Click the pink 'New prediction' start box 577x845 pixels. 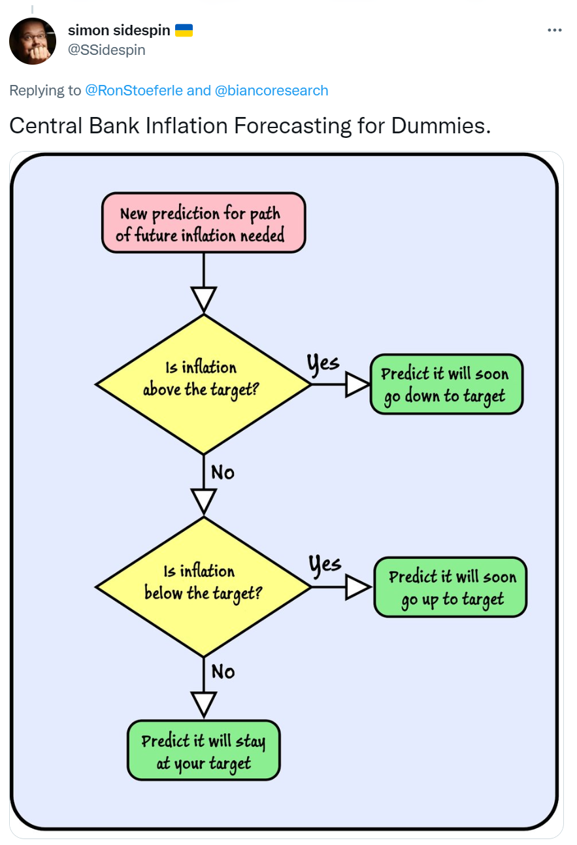click(204, 223)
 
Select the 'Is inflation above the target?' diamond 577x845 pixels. click(204, 384)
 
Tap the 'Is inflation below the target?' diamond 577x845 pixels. click(204, 588)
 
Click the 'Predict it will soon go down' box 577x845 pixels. click(446, 384)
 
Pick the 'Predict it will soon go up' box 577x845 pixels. click(451, 588)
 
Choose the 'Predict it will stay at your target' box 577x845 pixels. click(204, 751)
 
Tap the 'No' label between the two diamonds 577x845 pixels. click(223, 472)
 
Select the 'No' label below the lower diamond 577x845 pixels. click(223, 672)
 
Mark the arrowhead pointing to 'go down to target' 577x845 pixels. click(357, 384)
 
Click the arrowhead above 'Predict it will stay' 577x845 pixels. click(204, 704)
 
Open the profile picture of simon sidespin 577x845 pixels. click(33, 41)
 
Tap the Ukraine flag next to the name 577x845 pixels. click(184, 30)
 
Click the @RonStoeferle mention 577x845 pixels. click(134, 91)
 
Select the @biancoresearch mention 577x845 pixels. click(272, 91)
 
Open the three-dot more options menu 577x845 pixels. click(555, 30)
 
